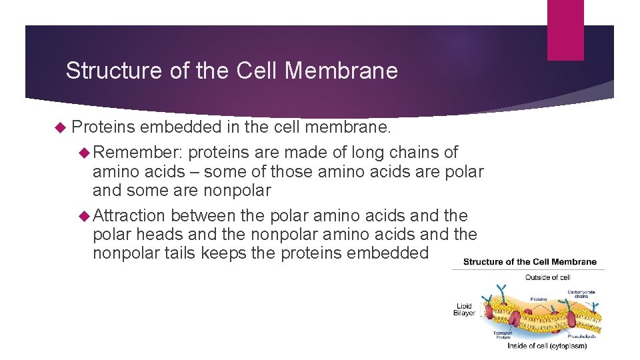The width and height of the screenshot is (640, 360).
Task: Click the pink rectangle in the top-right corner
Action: [x=565, y=29]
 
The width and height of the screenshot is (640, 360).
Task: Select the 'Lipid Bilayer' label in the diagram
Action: [x=464, y=309]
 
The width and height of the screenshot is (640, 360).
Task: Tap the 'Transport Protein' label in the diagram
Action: [x=503, y=335]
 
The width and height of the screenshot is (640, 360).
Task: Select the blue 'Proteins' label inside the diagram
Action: [x=539, y=299]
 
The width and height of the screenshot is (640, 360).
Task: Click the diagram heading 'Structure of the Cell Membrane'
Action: [x=529, y=262]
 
